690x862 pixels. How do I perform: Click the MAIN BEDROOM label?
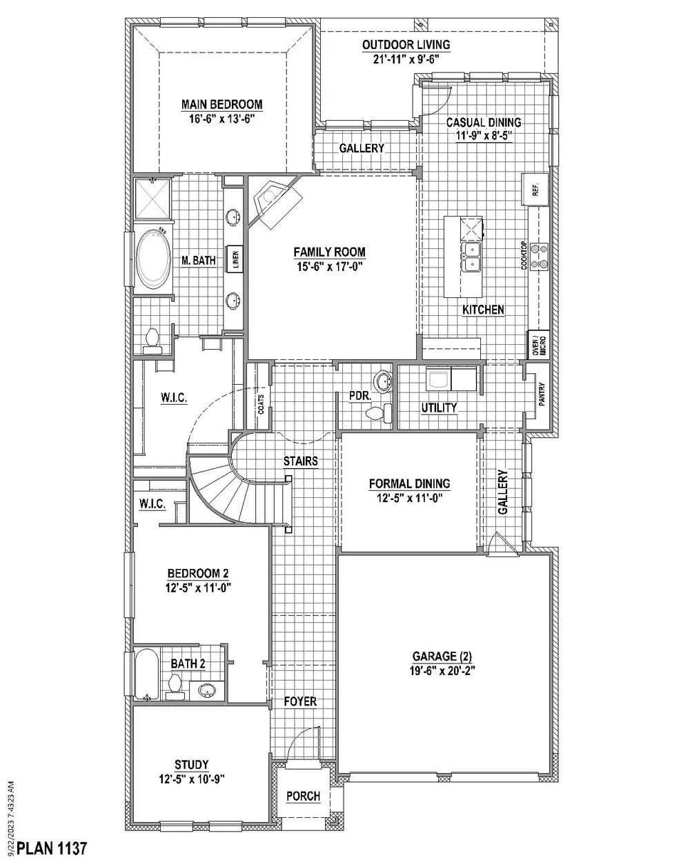click(x=221, y=105)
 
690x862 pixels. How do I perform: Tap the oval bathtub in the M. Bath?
click(x=153, y=260)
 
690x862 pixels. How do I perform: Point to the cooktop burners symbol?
click(x=539, y=255)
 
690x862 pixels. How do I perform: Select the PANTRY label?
click(x=542, y=394)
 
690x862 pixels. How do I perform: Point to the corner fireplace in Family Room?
click(x=276, y=201)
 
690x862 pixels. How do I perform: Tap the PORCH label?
click(x=303, y=796)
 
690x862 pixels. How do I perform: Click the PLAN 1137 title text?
click(x=52, y=848)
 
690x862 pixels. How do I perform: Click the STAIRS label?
click(x=300, y=461)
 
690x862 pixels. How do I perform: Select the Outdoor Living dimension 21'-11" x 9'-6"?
click(x=406, y=59)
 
